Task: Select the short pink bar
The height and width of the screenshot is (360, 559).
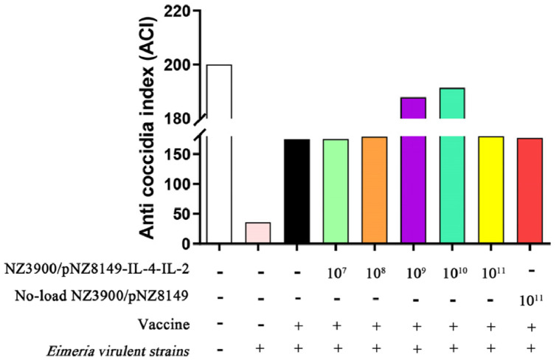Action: [x=258, y=233]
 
